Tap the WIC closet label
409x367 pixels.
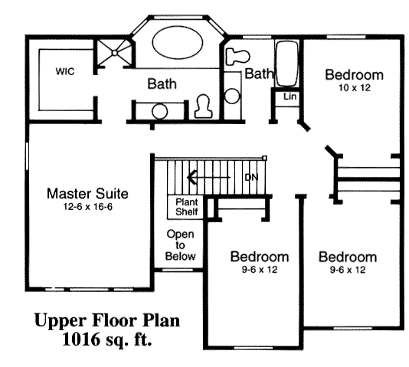[x=65, y=71]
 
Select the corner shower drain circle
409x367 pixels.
[x=115, y=53]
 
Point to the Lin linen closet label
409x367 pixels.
[x=290, y=97]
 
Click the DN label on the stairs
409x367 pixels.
[x=252, y=177]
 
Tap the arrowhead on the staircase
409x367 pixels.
[x=192, y=177]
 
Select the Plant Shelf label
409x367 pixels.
[x=187, y=207]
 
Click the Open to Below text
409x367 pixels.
[x=180, y=245]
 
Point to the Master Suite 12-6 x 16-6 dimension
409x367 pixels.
[x=88, y=207]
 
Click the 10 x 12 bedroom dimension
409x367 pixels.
[x=355, y=88]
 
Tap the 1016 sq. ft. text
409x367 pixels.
[x=107, y=339]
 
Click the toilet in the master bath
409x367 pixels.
[x=204, y=106]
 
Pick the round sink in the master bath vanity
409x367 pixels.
[x=159, y=111]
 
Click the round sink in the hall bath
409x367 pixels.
[x=232, y=96]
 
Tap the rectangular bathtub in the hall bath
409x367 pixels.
[x=286, y=64]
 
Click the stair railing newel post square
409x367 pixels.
[x=264, y=158]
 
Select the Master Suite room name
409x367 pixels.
[x=87, y=194]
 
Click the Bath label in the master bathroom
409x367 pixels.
[x=162, y=84]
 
